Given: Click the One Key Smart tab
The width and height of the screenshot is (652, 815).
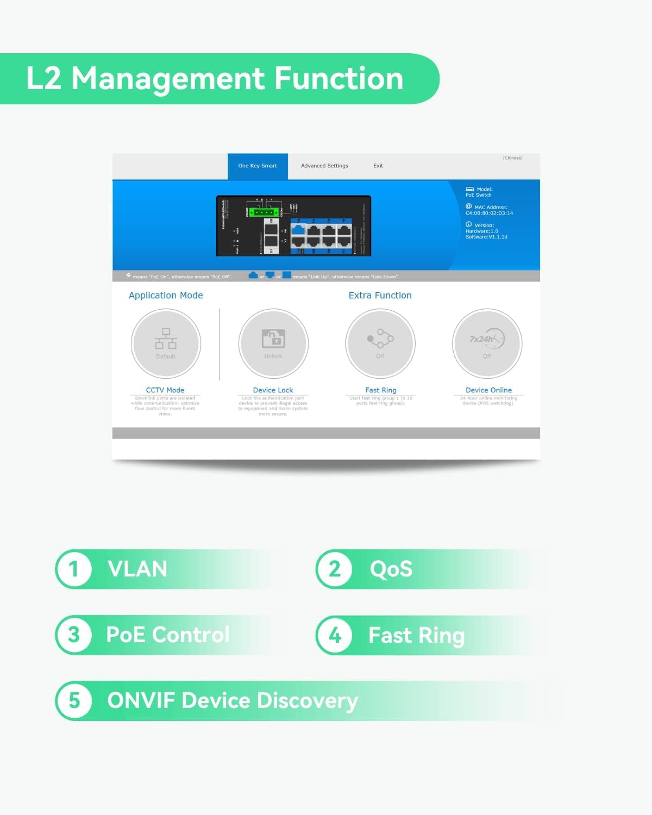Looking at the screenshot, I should click(258, 166).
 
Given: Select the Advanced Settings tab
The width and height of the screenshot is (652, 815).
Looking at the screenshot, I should click(324, 166).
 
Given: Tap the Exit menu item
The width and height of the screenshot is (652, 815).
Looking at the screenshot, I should click(378, 166).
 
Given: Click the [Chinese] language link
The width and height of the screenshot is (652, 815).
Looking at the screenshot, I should click(512, 158).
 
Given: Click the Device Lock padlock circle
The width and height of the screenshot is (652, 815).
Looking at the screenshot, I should click(273, 343).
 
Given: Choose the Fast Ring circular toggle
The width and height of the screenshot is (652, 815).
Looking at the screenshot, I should click(380, 343).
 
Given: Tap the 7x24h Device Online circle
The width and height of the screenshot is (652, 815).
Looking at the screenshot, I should click(487, 343).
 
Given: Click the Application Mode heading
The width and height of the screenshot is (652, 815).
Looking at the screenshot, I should click(166, 296).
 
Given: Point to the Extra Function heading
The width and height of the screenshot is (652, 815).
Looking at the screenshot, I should click(380, 296).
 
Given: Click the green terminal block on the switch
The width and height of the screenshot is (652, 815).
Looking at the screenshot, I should click(265, 212).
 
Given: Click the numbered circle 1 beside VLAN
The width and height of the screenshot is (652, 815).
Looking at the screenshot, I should click(74, 569).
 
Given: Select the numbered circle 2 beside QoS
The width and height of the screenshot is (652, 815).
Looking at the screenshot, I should click(335, 569).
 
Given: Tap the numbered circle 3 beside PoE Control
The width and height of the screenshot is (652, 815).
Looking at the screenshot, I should click(74, 635).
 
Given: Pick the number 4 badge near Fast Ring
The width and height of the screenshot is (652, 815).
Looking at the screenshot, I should click(335, 635).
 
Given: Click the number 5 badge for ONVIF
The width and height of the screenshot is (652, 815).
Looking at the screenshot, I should click(74, 700).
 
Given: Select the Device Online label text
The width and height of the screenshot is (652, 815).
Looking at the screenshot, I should click(488, 390).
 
